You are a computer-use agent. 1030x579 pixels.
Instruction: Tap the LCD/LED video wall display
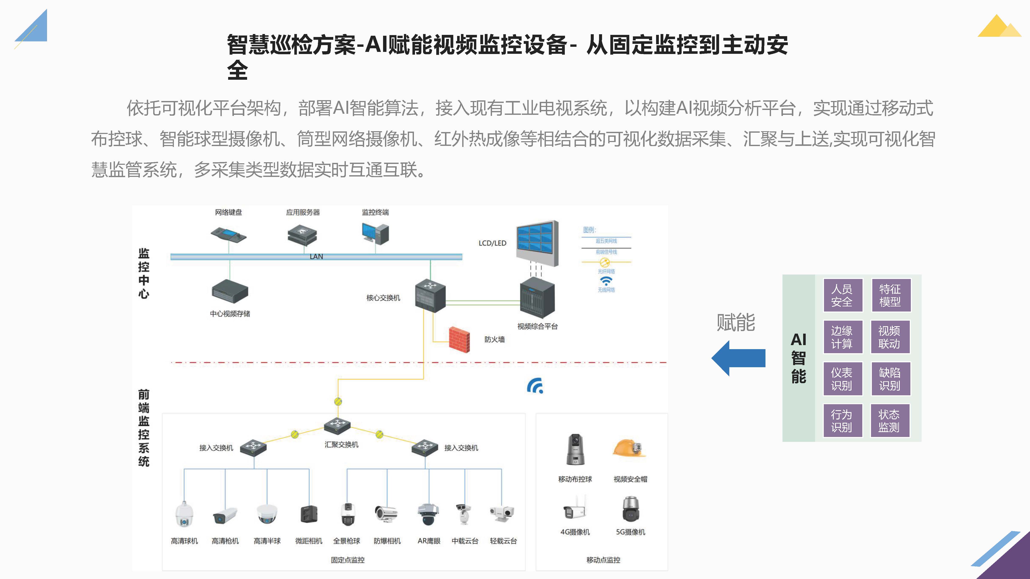[x=537, y=243]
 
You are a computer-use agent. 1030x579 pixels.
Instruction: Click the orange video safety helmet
[x=629, y=448]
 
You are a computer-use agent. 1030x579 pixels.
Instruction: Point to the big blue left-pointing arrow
[x=738, y=358]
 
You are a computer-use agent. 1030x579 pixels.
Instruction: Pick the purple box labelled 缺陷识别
[x=890, y=379]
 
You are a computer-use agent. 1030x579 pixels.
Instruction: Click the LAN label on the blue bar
[x=316, y=256]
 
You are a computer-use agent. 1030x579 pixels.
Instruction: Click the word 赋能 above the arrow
[x=736, y=323]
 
